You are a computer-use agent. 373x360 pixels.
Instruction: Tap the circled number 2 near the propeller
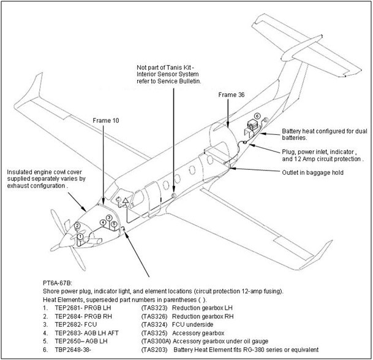coord(78,226)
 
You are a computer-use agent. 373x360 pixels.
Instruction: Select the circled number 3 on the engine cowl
coord(108,217)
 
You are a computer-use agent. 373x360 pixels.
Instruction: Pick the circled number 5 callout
coord(114,224)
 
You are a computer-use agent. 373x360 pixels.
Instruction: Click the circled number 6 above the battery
coord(257,115)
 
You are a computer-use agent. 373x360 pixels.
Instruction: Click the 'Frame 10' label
coord(106,120)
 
